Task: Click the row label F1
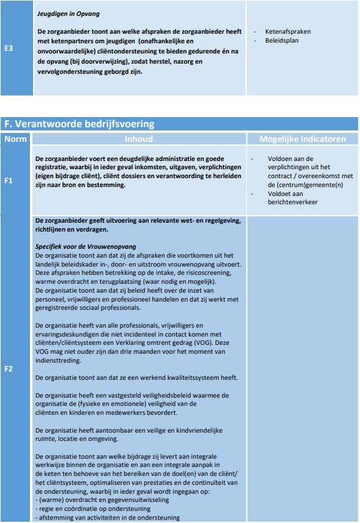coord(9,181)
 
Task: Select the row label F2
coord(9,368)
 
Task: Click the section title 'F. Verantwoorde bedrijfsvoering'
coord(80,124)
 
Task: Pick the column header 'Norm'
coord(16,139)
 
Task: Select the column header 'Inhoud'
coord(139,139)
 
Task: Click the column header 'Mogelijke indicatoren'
coord(303,139)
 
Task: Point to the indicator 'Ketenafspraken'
coord(287,31)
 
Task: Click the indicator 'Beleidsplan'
coord(282,40)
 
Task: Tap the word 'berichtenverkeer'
coord(293,202)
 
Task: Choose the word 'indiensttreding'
coord(59,360)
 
